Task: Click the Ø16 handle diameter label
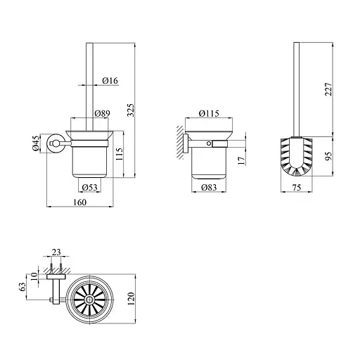coord(110,81)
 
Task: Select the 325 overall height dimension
coord(131,110)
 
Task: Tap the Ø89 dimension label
coord(102,113)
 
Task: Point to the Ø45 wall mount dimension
coord(36,143)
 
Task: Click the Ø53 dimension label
coord(90,188)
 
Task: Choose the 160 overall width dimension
coord(79,202)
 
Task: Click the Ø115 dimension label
coord(209,113)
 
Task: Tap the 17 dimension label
coord(241,160)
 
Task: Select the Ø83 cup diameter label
coord(209,188)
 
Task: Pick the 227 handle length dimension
coord(328,89)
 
